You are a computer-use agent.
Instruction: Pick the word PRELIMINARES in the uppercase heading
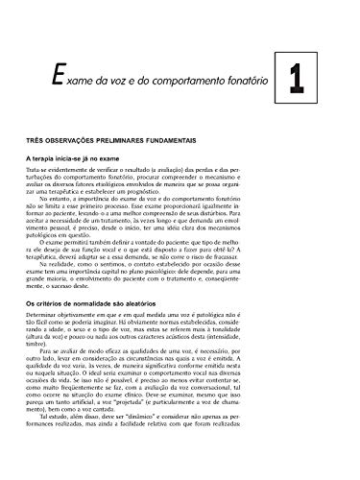click(x=158, y=140)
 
